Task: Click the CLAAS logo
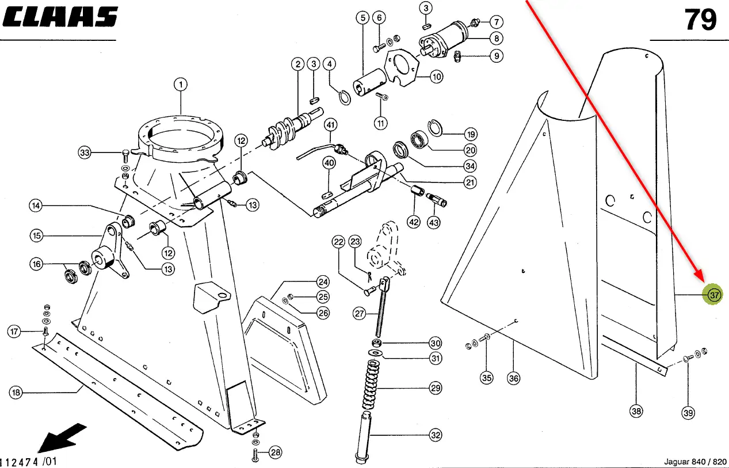click(x=60, y=17)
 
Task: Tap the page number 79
click(x=701, y=20)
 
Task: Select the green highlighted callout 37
click(x=712, y=295)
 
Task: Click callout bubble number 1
click(x=181, y=85)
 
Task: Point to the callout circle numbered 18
click(x=16, y=393)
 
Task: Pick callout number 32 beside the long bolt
click(x=436, y=435)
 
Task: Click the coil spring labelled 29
click(x=371, y=385)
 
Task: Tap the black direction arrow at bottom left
click(x=62, y=438)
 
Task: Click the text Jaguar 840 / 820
click(x=695, y=462)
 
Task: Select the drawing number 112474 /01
click(x=29, y=462)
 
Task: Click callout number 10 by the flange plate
click(x=437, y=77)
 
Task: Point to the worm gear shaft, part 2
click(x=292, y=127)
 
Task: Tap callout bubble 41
click(x=330, y=125)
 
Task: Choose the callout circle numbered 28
click(x=276, y=452)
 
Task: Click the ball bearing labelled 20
click(x=419, y=140)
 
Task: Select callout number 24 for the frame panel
click(x=323, y=281)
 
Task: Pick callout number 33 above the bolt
click(x=85, y=153)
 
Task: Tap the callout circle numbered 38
click(x=636, y=412)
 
